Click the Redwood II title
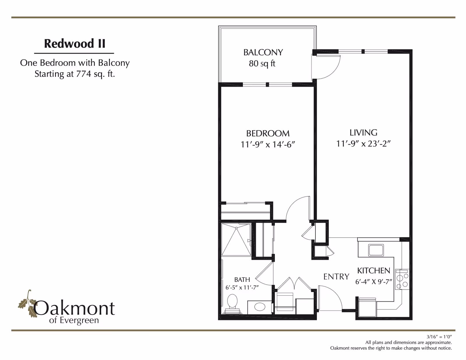coord(75,43)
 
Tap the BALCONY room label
coord(263,52)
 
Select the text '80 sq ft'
coord(262,64)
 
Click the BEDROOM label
coord(268,134)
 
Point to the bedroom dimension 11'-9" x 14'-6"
coord(268,144)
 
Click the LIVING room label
coord(363,133)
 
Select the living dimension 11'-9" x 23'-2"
coord(363,144)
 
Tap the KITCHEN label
coord(374,271)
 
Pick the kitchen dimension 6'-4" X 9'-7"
coord(374,282)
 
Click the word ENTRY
coord(336,277)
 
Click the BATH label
coord(242,280)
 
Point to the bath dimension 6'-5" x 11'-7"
coord(242,287)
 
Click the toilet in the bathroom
coord(232,304)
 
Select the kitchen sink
coord(376,250)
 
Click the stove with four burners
coord(402,279)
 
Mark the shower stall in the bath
coord(236,240)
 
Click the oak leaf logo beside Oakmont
coord(27,303)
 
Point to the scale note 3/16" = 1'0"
coord(441,337)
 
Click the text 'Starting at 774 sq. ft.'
coord(75,74)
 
